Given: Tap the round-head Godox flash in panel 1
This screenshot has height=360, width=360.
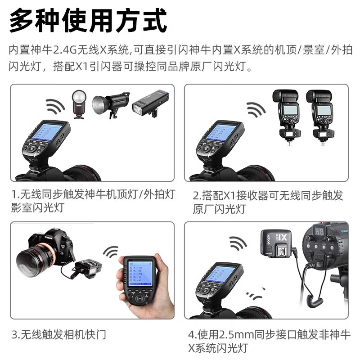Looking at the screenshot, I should (x=78, y=104).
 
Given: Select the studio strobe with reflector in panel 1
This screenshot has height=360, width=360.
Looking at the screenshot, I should (x=110, y=104).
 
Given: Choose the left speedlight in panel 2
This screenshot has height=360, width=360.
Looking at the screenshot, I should (x=284, y=110).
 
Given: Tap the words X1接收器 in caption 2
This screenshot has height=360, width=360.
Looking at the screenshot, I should (x=246, y=195).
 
